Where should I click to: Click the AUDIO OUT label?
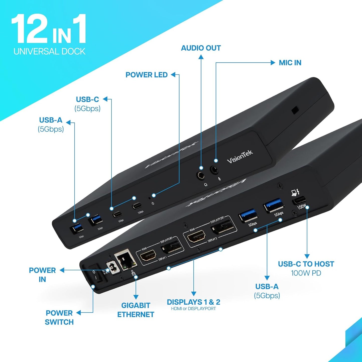(x=201, y=48)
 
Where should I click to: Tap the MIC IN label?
(x=290, y=63)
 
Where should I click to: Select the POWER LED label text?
(x=147, y=75)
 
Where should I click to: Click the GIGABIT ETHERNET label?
(x=136, y=310)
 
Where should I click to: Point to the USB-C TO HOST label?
(x=306, y=264)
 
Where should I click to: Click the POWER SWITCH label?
(x=59, y=317)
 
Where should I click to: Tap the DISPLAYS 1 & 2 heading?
(x=193, y=302)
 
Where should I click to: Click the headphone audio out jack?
(x=201, y=175)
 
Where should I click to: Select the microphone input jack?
(x=214, y=170)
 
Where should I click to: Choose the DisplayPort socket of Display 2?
(x=223, y=227)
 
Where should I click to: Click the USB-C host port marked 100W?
(x=299, y=200)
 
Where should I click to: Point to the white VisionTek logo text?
(x=240, y=157)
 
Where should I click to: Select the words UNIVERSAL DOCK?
(x=49, y=51)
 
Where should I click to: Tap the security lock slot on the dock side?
(x=295, y=110)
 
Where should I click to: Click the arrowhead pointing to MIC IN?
(x=273, y=63)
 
